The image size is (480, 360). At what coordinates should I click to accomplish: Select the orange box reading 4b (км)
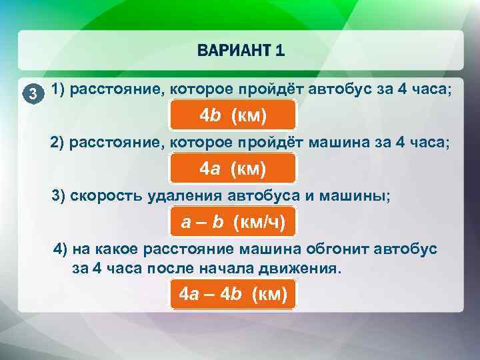click(233, 115)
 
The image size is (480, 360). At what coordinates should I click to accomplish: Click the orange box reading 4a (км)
click(233, 169)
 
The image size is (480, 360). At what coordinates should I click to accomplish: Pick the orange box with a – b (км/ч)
click(233, 223)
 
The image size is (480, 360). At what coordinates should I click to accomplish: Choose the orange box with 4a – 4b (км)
click(233, 293)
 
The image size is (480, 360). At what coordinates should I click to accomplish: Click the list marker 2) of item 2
click(58, 143)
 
